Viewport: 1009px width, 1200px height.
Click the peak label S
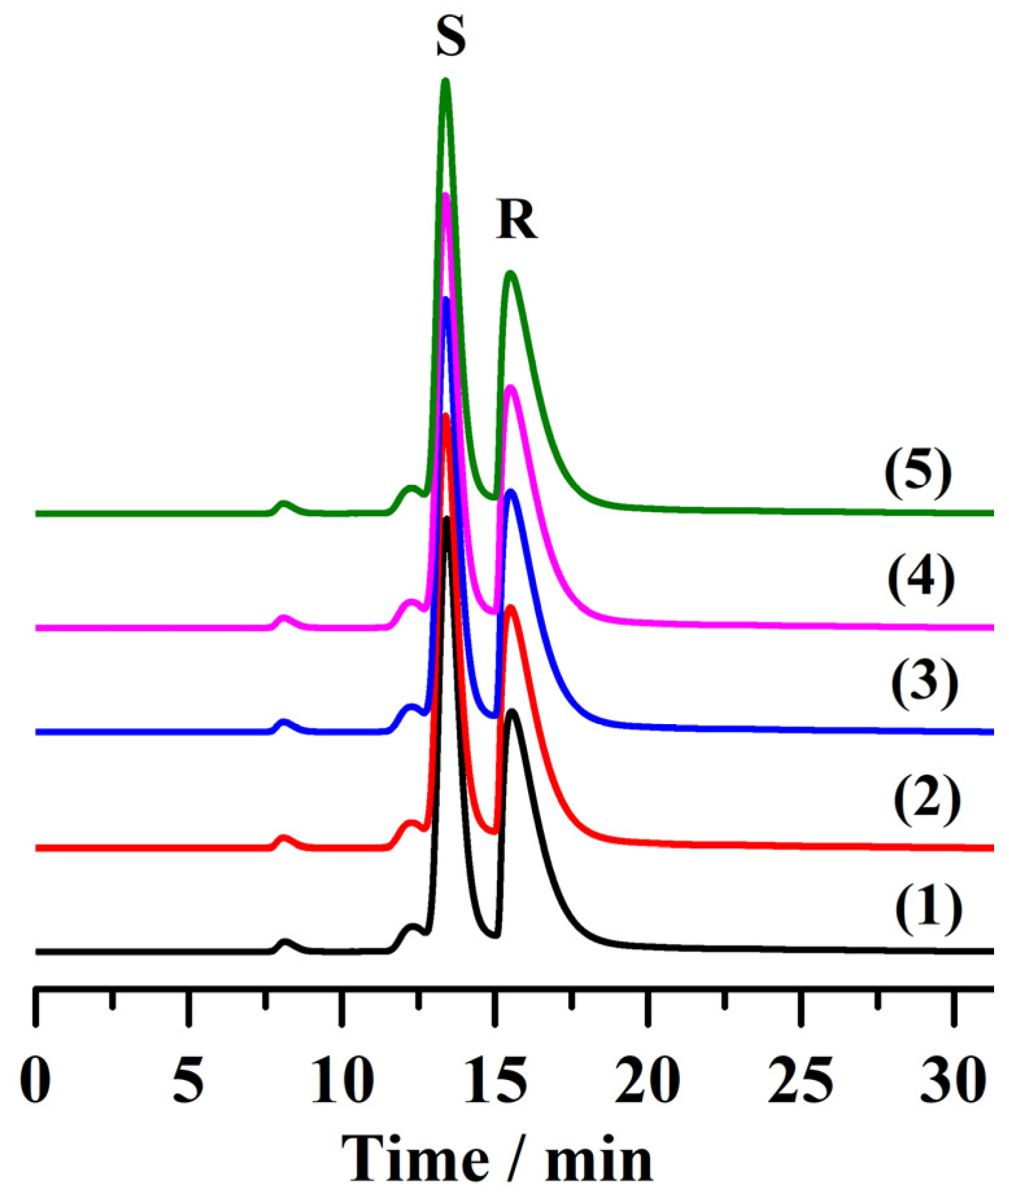pyautogui.click(x=450, y=38)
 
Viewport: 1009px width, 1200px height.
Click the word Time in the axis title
pyautogui.click(x=415, y=1159)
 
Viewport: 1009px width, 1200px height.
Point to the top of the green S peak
pyautogui.click(x=445, y=80)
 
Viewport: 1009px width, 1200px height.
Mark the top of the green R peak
pyautogui.click(x=511, y=274)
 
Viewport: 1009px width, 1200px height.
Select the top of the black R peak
pyautogui.click(x=513, y=712)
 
